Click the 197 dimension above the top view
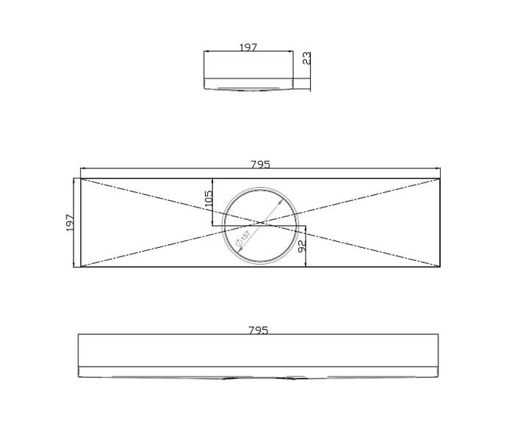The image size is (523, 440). coord(248,47)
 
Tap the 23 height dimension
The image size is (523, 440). coord(306,58)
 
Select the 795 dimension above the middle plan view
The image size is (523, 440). coord(260,164)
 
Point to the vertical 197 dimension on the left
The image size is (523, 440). coord(70,222)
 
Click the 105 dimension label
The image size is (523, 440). coord(208,199)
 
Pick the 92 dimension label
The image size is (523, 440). coord(301,246)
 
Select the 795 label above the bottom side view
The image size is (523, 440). coord(258,330)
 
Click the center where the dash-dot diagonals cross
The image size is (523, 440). coord(261,222)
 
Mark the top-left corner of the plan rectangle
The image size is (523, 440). coord(81,178)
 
